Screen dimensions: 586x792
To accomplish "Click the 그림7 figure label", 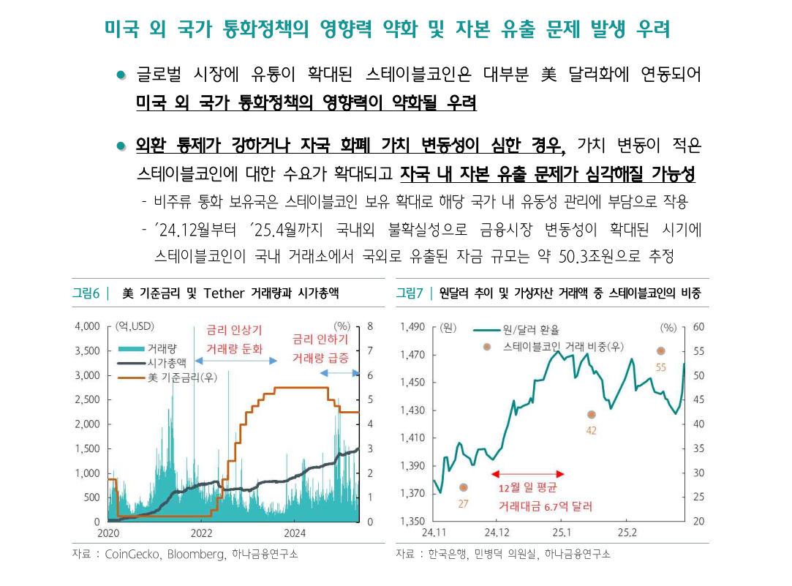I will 410,294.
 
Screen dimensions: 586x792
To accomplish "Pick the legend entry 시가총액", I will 166,363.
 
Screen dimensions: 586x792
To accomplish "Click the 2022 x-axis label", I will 201,532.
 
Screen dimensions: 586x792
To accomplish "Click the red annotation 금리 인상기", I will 234,330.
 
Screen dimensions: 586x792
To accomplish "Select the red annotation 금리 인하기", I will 320,339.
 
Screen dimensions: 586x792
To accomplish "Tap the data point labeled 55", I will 661,351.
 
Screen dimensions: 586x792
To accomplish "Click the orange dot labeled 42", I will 591,415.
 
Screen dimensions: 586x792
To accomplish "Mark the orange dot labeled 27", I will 463,487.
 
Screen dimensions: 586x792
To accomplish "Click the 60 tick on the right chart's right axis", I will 698,326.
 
